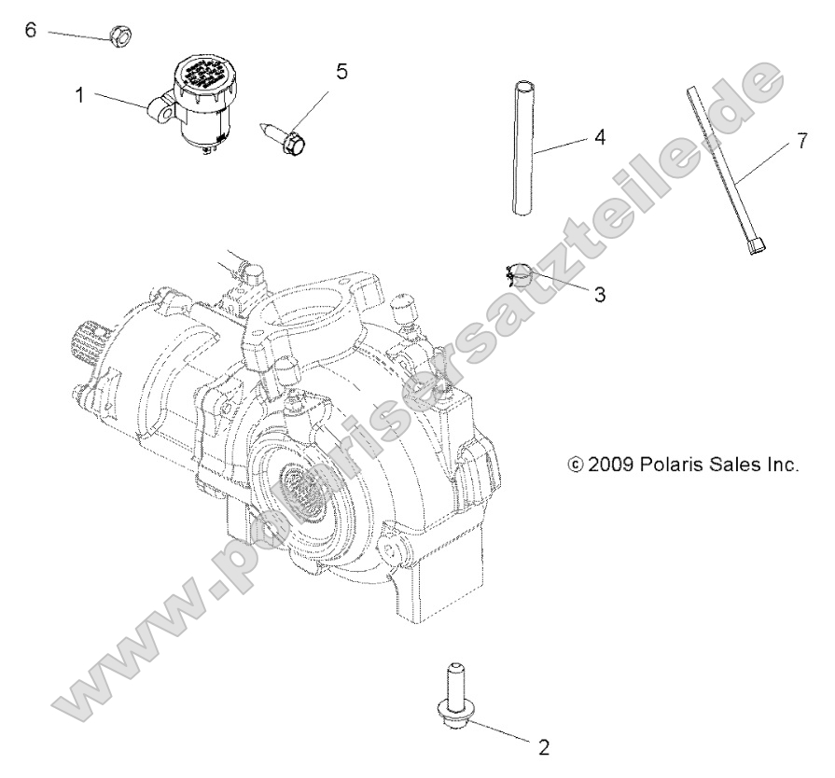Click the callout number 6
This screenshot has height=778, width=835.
coord(30,30)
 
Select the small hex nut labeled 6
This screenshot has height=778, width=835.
coord(119,37)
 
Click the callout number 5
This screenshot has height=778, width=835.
coord(341,72)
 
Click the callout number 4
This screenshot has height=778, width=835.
coord(599,137)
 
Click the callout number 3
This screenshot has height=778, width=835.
coord(599,294)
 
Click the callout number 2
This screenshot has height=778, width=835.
coord(543,746)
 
